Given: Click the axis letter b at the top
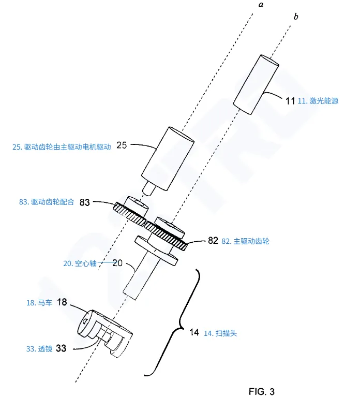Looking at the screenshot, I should [x=295, y=17].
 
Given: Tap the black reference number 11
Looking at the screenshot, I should [x=290, y=101].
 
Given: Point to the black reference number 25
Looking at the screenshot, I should [x=122, y=145].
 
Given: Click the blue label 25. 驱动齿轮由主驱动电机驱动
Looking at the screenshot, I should [x=61, y=146].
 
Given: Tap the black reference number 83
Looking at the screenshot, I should [x=85, y=202].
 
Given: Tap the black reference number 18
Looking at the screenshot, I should [x=62, y=302].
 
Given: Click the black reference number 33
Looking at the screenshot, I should [x=61, y=348].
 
